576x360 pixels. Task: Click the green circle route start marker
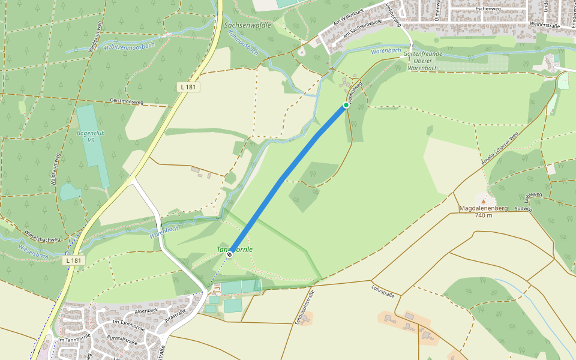point(346,106)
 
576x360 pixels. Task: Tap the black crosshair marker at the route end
point(229,254)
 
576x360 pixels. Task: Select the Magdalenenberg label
point(484,208)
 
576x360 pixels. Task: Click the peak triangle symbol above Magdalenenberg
point(484,200)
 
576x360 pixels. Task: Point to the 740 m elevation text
point(484,215)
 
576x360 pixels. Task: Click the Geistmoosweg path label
point(127,101)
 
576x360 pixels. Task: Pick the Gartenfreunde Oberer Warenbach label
point(423,61)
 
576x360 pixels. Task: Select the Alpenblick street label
point(146,311)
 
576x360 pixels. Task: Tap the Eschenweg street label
point(486,10)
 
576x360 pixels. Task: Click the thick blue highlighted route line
point(288,180)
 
